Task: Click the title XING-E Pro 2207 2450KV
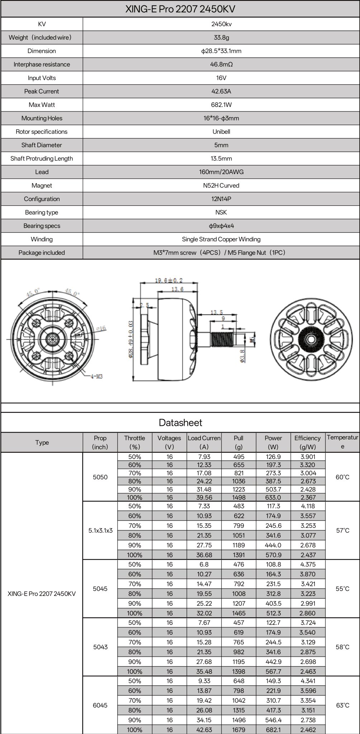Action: [x=180, y=9]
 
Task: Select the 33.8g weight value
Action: [x=221, y=38]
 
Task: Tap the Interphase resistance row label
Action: [x=42, y=65]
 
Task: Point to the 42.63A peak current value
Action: [x=221, y=91]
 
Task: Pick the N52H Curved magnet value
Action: [x=221, y=186]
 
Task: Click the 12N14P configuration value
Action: [x=221, y=199]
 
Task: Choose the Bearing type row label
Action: [x=42, y=213]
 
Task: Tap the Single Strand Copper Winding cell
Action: [x=221, y=239]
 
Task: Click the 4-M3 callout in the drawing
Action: [x=96, y=376]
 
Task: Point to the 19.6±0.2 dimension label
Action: [x=169, y=280]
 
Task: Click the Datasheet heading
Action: [x=180, y=423]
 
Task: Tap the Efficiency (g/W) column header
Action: [x=307, y=442]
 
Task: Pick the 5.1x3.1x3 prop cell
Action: [x=100, y=530]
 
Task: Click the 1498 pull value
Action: [x=238, y=497]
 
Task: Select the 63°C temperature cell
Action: [x=342, y=705]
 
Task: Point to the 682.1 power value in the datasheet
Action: [x=273, y=730]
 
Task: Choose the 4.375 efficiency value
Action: [x=308, y=564]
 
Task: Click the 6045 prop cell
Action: [x=100, y=705]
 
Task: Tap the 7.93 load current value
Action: [x=204, y=457]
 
